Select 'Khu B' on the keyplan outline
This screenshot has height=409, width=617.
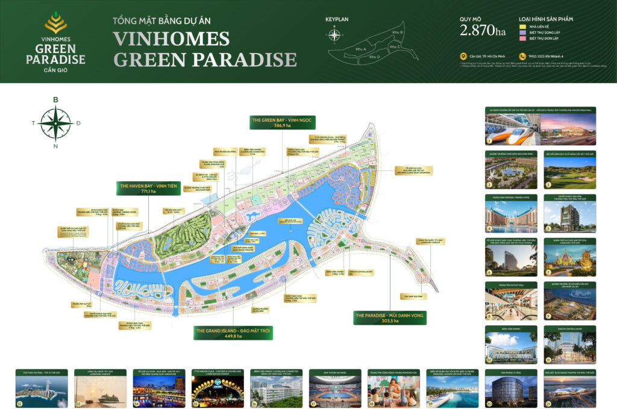(x=397, y=31)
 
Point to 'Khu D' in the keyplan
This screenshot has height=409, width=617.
(x=374, y=57)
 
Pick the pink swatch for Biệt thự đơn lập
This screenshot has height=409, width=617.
(x=522, y=38)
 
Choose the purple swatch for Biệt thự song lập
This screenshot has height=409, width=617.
(x=522, y=33)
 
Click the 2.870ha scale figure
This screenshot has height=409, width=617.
(x=483, y=30)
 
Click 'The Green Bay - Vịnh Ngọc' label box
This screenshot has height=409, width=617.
(x=282, y=122)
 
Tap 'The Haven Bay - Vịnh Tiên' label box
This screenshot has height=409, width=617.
(x=145, y=188)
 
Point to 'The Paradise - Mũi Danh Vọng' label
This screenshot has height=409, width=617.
(x=390, y=317)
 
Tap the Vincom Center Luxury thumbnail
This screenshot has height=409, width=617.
(x=570, y=346)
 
